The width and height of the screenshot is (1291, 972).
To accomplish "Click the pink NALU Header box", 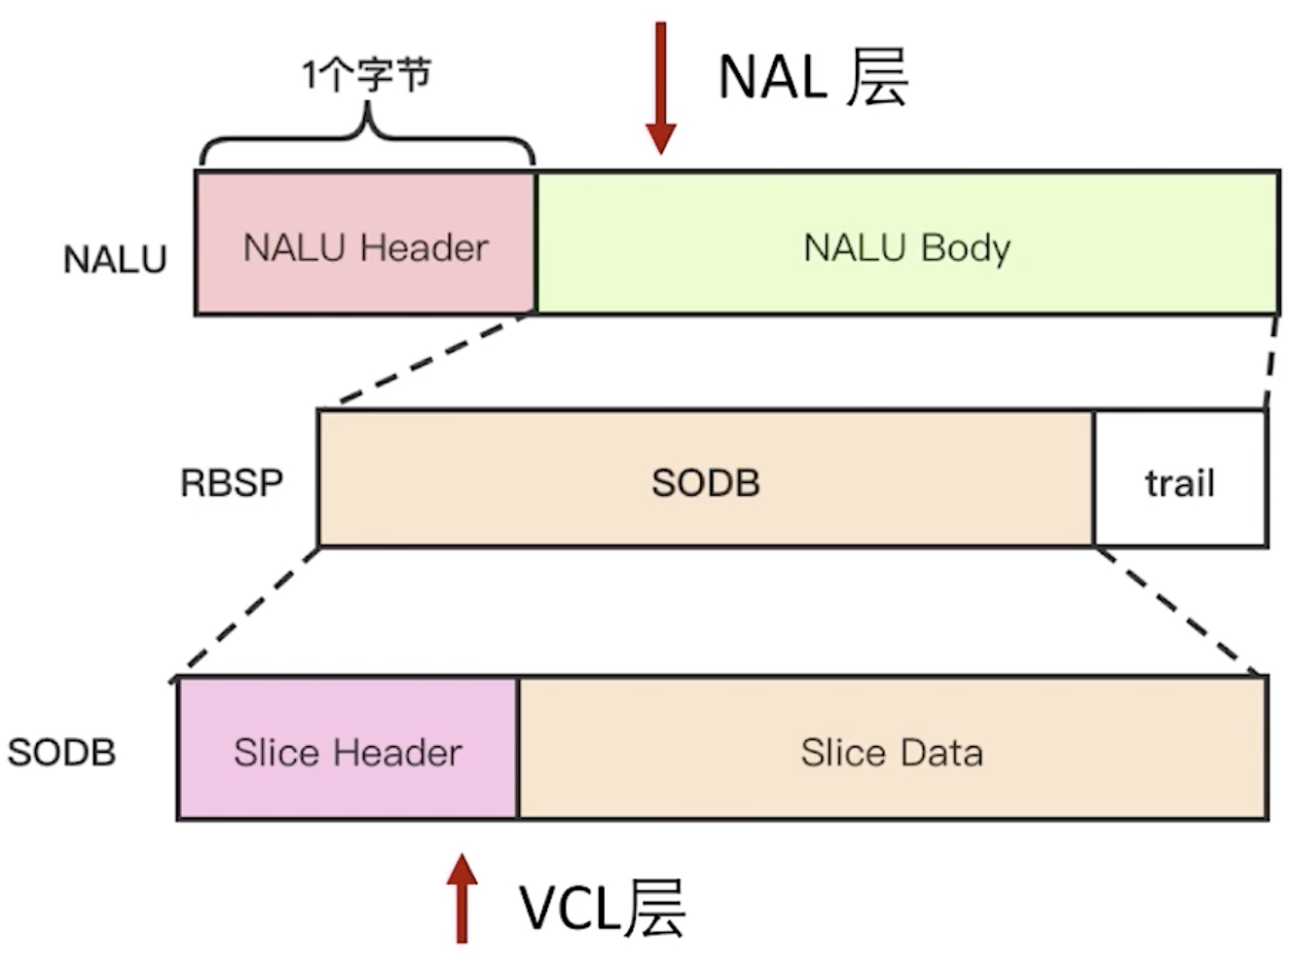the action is pos(365,243).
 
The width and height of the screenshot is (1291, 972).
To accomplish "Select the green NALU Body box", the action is pos(907,243).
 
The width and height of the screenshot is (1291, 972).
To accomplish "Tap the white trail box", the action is pos(1180,479).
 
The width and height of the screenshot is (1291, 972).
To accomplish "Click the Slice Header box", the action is pos(348,748).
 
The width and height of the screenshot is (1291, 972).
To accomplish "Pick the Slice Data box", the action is pos(893,748).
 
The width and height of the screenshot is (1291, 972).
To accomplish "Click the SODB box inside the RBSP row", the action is pos(706,479).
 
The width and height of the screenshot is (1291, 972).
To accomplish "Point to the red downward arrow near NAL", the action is pos(661,89).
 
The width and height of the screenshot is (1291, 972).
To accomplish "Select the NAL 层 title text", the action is pos(813,78).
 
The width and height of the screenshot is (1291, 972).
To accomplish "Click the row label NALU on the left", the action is pos(115,259).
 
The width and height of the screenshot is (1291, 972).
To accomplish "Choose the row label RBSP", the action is pos(231,483).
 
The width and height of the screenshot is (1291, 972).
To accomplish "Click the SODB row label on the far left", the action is pos(61,753).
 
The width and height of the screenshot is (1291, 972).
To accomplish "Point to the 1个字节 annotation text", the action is pos(367,75).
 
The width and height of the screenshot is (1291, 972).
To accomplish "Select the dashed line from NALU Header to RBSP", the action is pos(434,360).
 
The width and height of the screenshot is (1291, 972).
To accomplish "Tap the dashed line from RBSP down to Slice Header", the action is pos(244,616).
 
